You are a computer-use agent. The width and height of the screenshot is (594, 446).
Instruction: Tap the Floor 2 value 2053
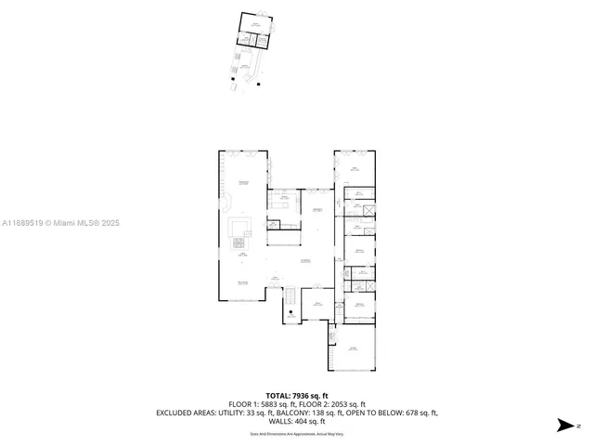click(335, 404)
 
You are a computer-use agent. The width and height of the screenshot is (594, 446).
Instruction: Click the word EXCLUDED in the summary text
click(174, 413)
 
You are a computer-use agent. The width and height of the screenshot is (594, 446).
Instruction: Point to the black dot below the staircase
click(291, 312)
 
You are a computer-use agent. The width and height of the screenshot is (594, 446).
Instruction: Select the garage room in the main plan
click(354, 349)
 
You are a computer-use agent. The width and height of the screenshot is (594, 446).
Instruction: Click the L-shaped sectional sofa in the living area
click(239, 228)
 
